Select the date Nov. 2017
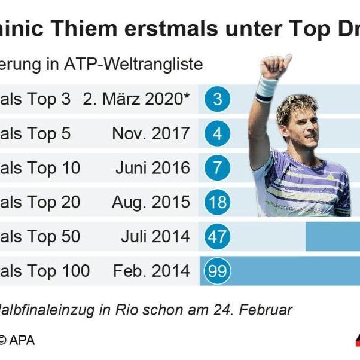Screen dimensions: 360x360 coord(151,133)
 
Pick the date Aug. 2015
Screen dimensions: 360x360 coord(151,202)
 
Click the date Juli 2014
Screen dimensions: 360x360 coord(155,237)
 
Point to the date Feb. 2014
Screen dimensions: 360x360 coord(151,271)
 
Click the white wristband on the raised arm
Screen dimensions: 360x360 coord(267,88)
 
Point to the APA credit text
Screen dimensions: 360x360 coord(22,340)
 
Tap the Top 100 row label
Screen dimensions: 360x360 coord(45,271)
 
